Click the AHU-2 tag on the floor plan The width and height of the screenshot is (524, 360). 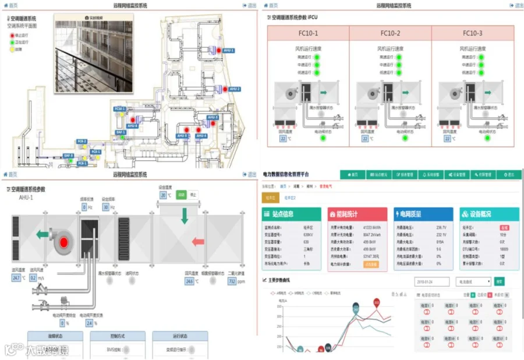coord(234,89)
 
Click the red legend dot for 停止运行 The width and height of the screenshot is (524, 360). coord(12,36)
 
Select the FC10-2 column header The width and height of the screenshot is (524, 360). coord(390,33)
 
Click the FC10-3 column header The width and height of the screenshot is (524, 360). coord(472,33)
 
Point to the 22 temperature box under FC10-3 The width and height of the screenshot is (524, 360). coord(447,139)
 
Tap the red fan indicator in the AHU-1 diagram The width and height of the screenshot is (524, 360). coord(65,240)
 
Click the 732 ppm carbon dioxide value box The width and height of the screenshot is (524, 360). coord(232,281)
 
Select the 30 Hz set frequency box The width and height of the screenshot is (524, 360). coord(105,207)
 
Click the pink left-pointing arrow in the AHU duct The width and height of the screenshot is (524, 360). coord(199,241)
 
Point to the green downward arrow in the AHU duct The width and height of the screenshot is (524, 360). coord(185,216)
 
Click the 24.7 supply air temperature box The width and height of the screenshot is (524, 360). coord(16,278)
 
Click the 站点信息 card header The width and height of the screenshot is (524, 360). coord(291,214)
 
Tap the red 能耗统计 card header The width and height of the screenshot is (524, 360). coord(357,214)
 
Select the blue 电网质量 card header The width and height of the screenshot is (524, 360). coord(423,214)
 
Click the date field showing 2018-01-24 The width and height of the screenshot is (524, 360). coord(432,281)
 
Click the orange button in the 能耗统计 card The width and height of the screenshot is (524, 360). coord(371,264)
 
